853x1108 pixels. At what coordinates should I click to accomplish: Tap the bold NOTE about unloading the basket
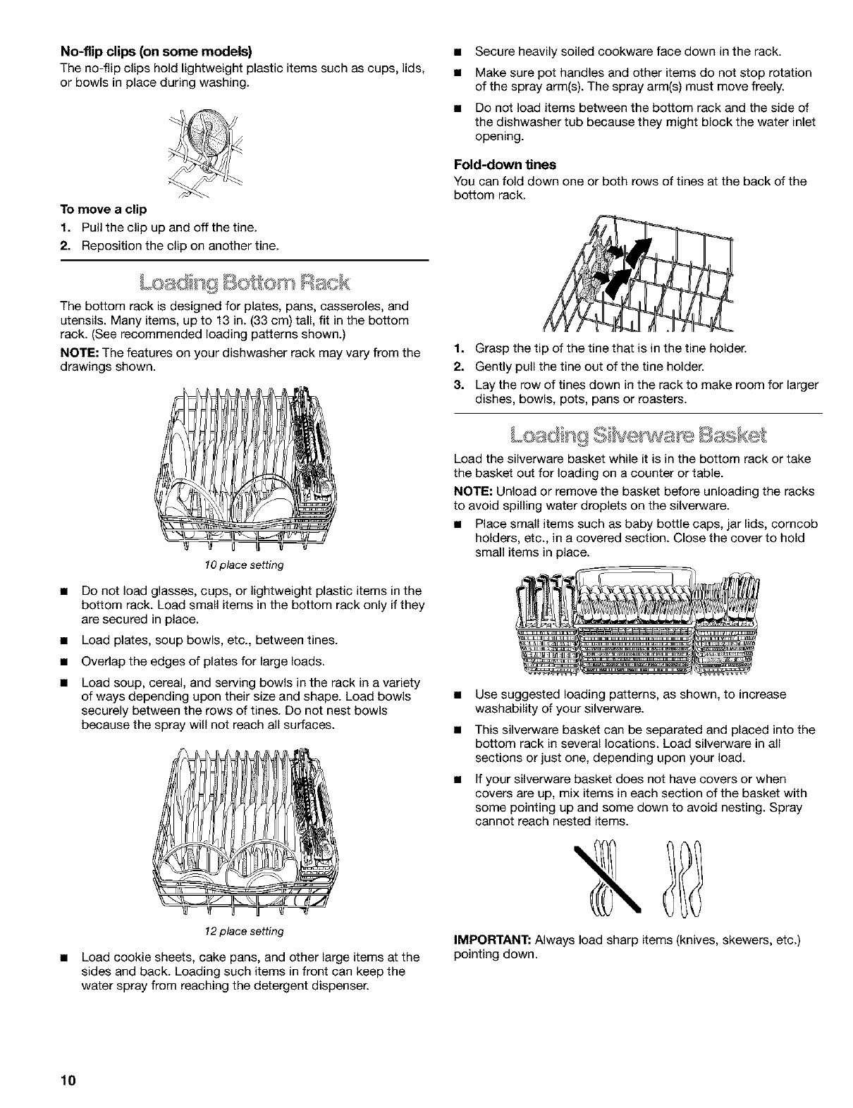click(472, 491)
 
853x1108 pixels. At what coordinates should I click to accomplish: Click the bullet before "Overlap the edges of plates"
click(67, 662)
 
